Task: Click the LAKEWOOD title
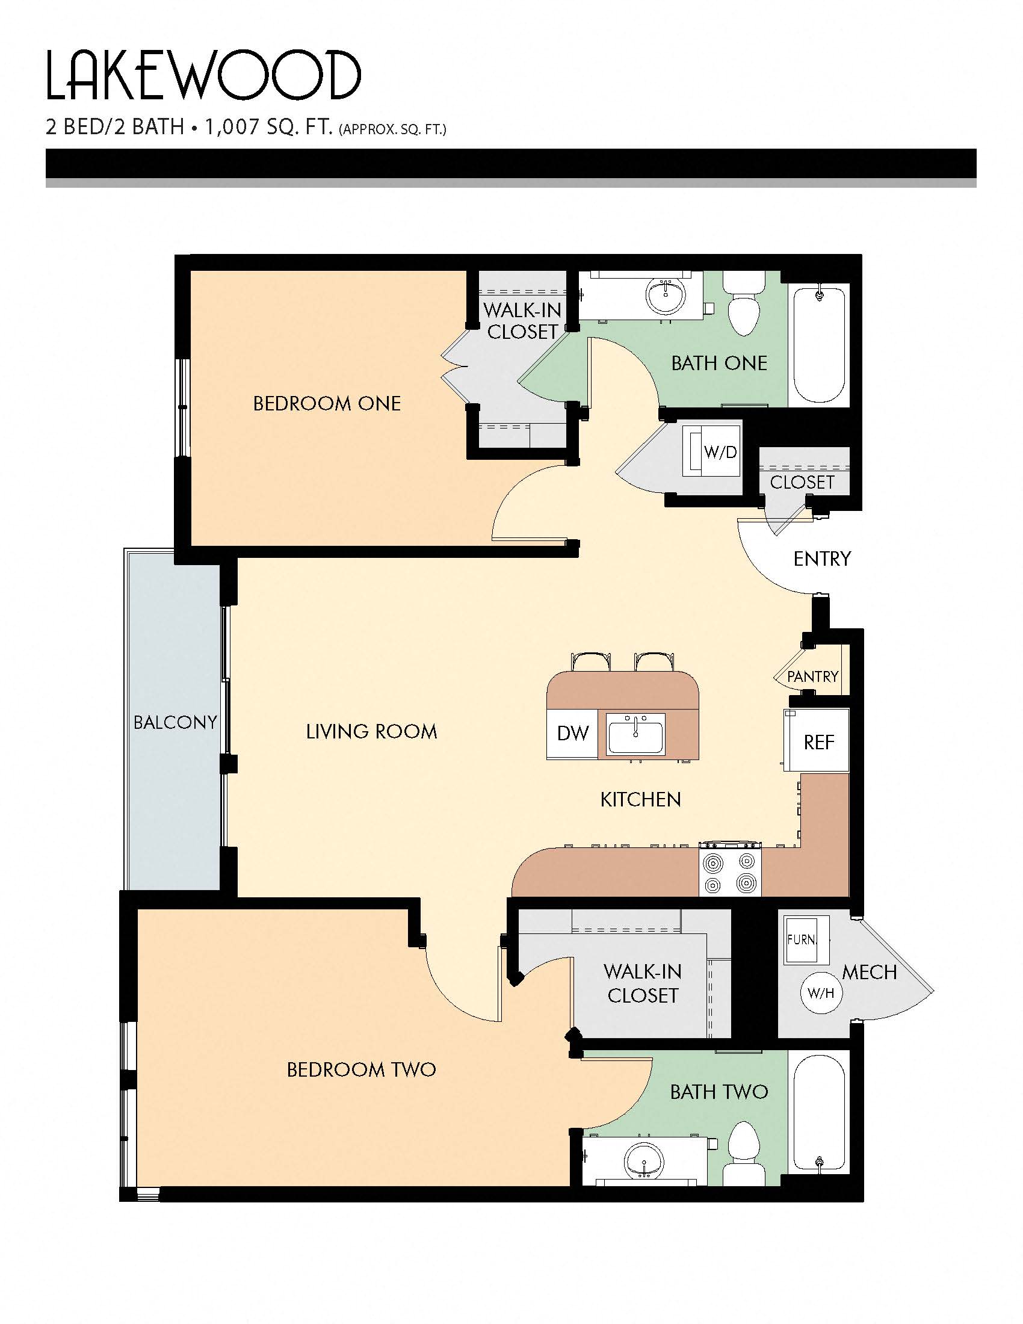(203, 76)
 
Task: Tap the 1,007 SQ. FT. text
(268, 128)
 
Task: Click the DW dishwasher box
(572, 733)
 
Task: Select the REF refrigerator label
(818, 742)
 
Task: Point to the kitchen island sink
(635, 734)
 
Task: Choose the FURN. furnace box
(802, 939)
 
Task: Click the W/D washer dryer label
(720, 452)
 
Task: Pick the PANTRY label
(812, 676)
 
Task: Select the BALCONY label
(175, 722)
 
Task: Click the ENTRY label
(822, 558)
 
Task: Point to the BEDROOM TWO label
(361, 1069)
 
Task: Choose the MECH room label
(869, 973)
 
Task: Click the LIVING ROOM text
(371, 732)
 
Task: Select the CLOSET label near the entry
(802, 482)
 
